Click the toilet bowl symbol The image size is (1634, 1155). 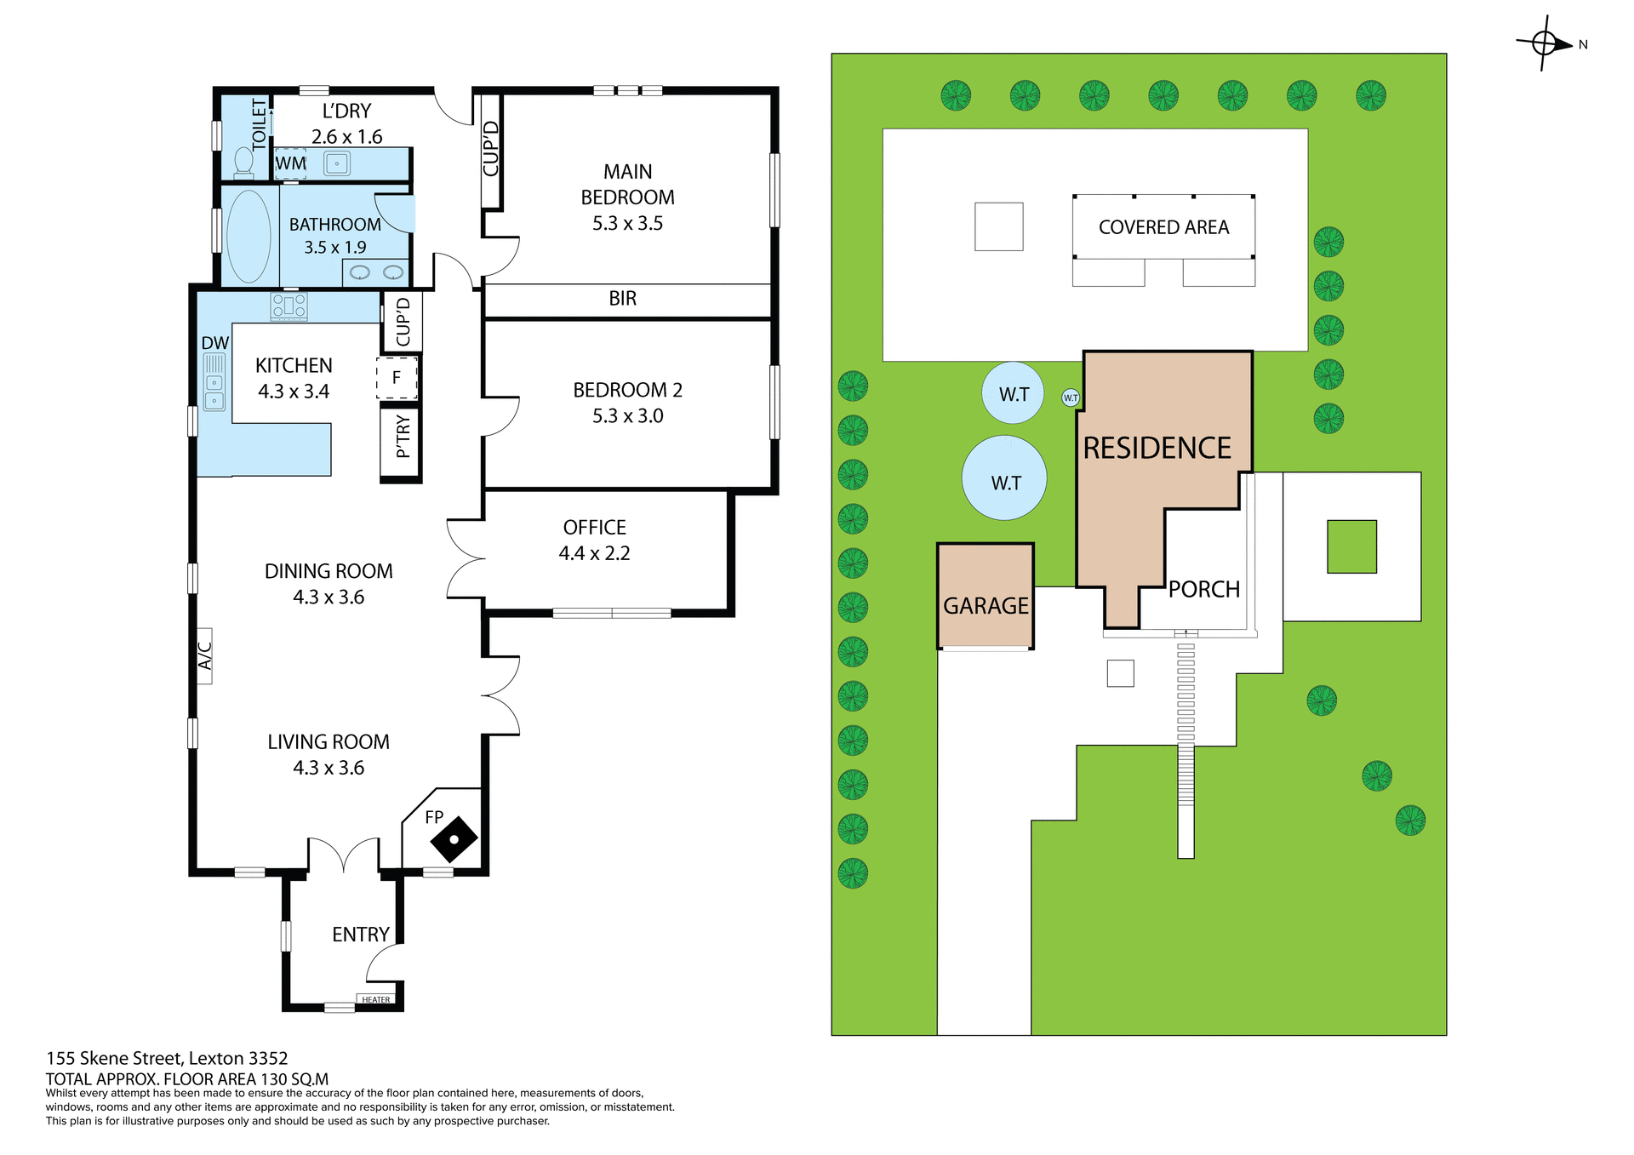[243, 161]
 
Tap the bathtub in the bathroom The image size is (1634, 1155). [249, 236]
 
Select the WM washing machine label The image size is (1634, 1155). [290, 163]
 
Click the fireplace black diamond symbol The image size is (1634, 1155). [454, 840]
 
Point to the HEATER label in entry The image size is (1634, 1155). [376, 999]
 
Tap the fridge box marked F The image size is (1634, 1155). [397, 378]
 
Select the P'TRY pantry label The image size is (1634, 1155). [403, 437]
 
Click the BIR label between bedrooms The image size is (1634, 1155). [622, 299]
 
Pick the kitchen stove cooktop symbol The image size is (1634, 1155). [289, 306]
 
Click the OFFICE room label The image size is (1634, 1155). [594, 528]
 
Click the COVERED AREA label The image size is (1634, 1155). [1163, 227]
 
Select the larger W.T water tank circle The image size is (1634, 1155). [1004, 478]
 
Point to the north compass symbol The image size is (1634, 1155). [1545, 43]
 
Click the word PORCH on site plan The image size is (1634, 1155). [1203, 589]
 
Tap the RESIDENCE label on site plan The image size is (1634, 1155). [1157, 449]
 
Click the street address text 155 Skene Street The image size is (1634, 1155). [167, 1058]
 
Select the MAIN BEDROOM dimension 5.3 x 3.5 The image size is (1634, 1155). [627, 224]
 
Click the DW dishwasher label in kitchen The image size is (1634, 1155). [214, 343]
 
